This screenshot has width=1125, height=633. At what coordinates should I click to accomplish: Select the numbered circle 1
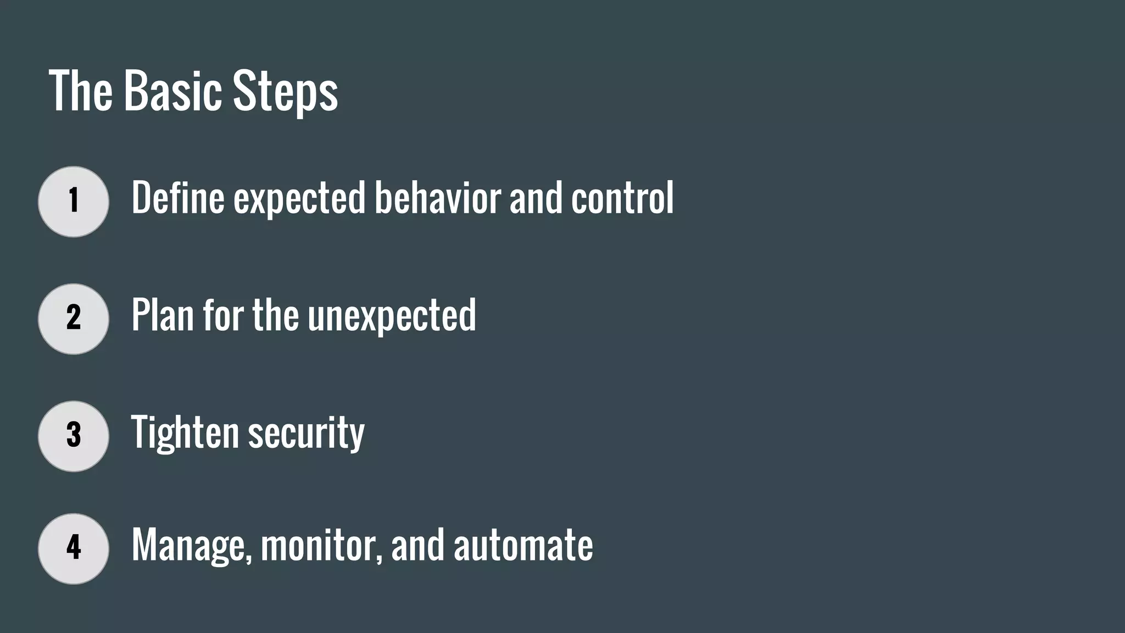coord(74,202)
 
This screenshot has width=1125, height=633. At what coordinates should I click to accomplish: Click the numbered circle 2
coord(74,319)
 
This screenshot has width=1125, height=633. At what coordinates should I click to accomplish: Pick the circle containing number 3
coord(74,436)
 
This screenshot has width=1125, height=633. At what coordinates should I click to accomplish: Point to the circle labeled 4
coord(74,548)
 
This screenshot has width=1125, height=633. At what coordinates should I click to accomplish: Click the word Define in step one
coord(177,198)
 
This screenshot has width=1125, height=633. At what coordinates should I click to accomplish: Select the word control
coord(622,198)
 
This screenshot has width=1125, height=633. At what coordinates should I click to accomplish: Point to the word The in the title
coord(81,91)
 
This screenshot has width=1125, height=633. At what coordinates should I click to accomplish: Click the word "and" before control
coord(536,198)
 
